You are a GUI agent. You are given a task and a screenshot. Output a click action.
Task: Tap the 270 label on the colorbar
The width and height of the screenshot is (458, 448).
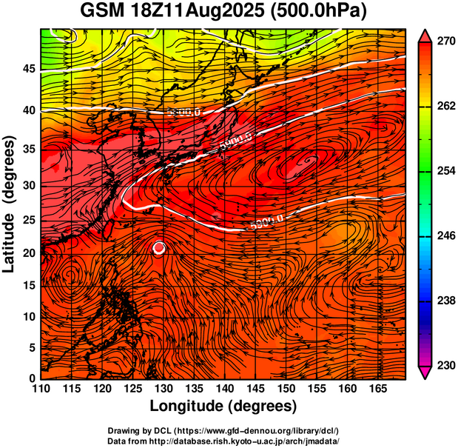point(445,42)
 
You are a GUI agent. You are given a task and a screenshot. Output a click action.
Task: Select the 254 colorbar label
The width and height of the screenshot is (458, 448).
point(445,171)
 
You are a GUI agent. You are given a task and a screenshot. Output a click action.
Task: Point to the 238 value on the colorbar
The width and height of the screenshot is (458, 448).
point(445,301)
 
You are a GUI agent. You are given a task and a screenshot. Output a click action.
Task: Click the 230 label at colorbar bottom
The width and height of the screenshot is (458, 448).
point(445,365)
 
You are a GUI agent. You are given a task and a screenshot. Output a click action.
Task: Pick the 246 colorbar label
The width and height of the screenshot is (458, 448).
point(445,235)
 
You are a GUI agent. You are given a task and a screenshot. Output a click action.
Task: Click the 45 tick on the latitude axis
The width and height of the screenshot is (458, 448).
point(30,69)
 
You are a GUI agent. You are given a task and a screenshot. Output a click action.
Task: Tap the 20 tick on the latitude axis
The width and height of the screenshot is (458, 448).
point(30,253)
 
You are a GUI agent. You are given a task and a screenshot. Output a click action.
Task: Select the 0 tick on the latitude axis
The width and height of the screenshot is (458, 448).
point(33,378)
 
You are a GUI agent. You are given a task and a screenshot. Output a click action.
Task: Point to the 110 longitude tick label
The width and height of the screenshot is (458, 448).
point(41,389)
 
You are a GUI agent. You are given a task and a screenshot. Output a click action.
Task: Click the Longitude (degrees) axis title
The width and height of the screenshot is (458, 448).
point(223,406)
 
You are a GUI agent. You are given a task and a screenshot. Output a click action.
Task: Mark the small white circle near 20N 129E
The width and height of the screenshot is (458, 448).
point(159,248)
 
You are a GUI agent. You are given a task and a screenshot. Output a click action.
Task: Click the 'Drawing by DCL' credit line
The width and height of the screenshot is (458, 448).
point(223,430)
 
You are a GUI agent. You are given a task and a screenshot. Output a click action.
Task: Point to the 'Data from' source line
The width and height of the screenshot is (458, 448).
point(223,441)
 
